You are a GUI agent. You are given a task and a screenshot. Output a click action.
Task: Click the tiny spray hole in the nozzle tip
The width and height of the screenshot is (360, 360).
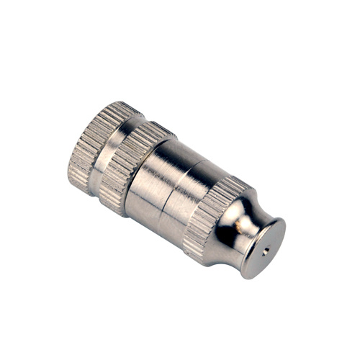[x=265, y=252]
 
